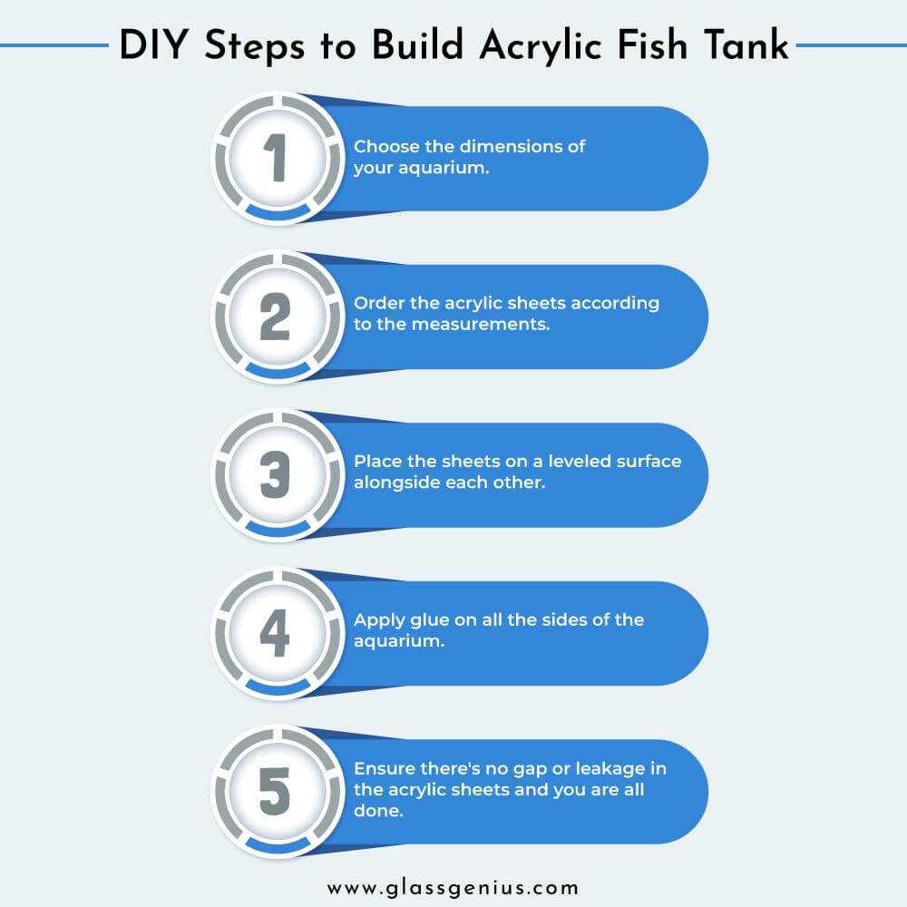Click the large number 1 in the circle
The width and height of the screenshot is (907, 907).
[277, 159]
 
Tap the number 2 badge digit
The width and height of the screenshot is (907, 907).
[275, 317]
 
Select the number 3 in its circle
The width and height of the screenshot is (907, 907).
[275, 475]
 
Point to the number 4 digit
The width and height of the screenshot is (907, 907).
[275, 633]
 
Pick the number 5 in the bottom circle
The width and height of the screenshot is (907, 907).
[275, 792]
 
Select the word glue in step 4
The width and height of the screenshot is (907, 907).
[428, 619]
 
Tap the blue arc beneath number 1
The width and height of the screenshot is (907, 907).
[277, 213]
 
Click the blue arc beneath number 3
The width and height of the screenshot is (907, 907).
[277, 530]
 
